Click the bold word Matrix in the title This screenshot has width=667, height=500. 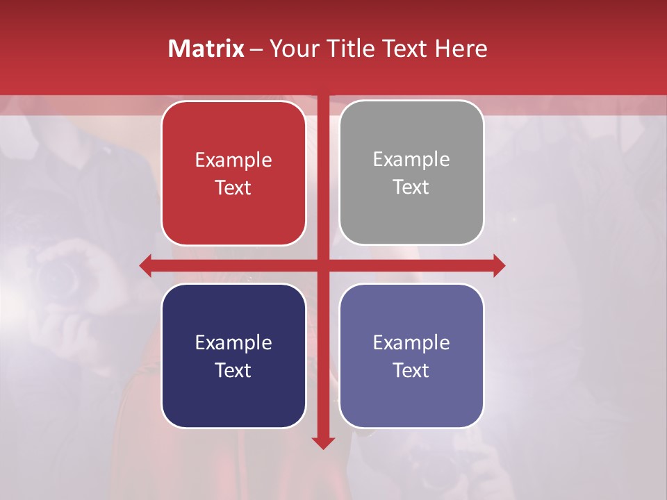(x=206, y=49)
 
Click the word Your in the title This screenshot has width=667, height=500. (x=294, y=49)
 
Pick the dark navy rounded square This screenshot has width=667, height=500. (x=233, y=396)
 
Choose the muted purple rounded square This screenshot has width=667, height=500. (x=411, y=396)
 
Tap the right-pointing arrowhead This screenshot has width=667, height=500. (x=499, y=266)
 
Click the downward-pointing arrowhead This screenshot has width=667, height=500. (x=323, y=442)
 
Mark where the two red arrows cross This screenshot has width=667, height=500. (x=323, y=266)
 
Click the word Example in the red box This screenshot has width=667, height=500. (x=233, y=160)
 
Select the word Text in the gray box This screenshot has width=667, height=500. (x=411, y=187)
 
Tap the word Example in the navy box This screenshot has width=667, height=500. (x=233, y=342)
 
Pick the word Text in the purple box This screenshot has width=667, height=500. (x=411, y=370)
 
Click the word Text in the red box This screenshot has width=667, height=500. (x=233, y=187)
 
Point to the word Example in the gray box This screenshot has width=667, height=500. (x=411, y=160)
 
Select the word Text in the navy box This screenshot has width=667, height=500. (x=233, y=370)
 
